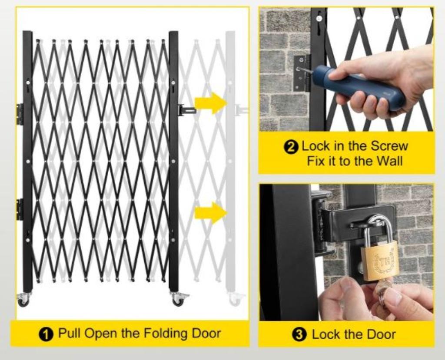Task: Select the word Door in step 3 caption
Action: tap(381, 334)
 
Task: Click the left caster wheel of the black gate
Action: tap(23, 299)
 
